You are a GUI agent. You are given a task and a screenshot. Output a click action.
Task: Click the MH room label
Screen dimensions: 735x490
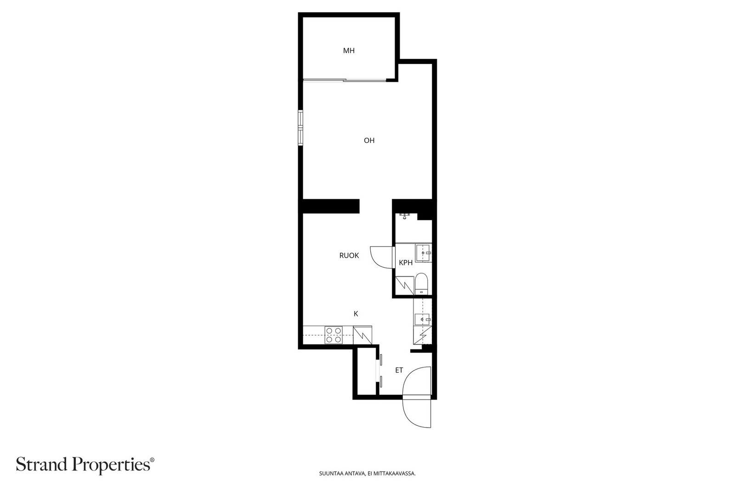coord(349,51)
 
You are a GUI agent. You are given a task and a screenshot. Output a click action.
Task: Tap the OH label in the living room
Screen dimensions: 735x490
coord(369,141)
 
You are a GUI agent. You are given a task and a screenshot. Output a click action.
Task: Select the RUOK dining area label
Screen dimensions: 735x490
coord(349,255)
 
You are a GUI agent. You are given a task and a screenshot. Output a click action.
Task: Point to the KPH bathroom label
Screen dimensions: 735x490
coord(406,263)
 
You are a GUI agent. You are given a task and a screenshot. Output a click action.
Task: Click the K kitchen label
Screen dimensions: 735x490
coord(356,314)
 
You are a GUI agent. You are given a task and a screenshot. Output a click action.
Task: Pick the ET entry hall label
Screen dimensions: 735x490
coord(399,370)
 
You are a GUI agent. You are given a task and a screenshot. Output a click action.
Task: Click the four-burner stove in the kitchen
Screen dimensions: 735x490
coord(334,335)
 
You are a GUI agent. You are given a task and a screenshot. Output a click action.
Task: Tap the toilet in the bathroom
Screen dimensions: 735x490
coord(421,284)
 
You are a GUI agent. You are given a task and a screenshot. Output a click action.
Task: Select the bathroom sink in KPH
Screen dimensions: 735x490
coord(423,253)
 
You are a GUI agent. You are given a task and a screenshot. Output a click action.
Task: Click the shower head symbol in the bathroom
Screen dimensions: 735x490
coord(405,216)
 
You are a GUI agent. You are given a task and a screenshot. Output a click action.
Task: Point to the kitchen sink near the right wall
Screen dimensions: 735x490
coord(423,319)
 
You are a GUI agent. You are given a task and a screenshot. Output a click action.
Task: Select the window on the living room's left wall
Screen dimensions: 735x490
coord(300,128)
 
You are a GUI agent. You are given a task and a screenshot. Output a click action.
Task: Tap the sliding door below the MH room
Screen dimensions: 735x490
coord(345,80)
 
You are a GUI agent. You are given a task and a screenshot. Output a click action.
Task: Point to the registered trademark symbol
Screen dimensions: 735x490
coord(152,460)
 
